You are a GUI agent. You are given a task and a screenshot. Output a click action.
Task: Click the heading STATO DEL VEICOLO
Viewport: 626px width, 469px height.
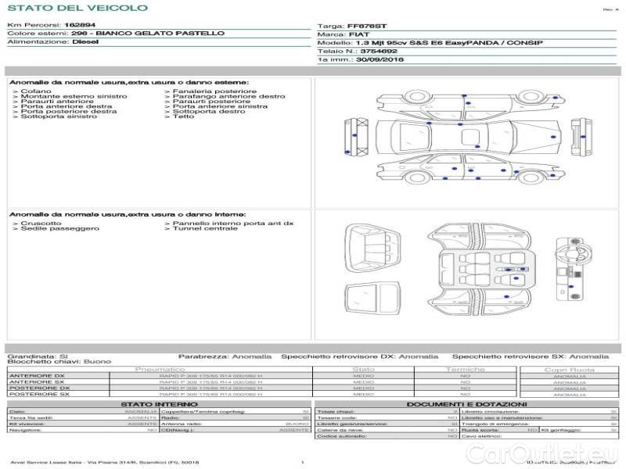tap(77, 8)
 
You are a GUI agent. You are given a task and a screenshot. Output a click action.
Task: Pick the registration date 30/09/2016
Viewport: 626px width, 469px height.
tap(381, 59)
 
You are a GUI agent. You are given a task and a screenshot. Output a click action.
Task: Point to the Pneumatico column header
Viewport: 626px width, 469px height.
tap(160, 369)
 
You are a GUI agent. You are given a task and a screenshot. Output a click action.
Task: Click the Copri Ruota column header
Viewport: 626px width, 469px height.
tap(569, 370)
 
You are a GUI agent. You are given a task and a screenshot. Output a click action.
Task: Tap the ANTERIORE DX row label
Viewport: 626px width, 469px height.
tap(37, 376)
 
